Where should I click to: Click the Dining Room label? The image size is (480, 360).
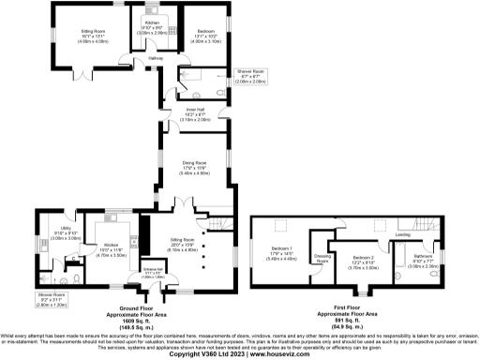point(194,163)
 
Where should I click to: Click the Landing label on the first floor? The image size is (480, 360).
point(403,233)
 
